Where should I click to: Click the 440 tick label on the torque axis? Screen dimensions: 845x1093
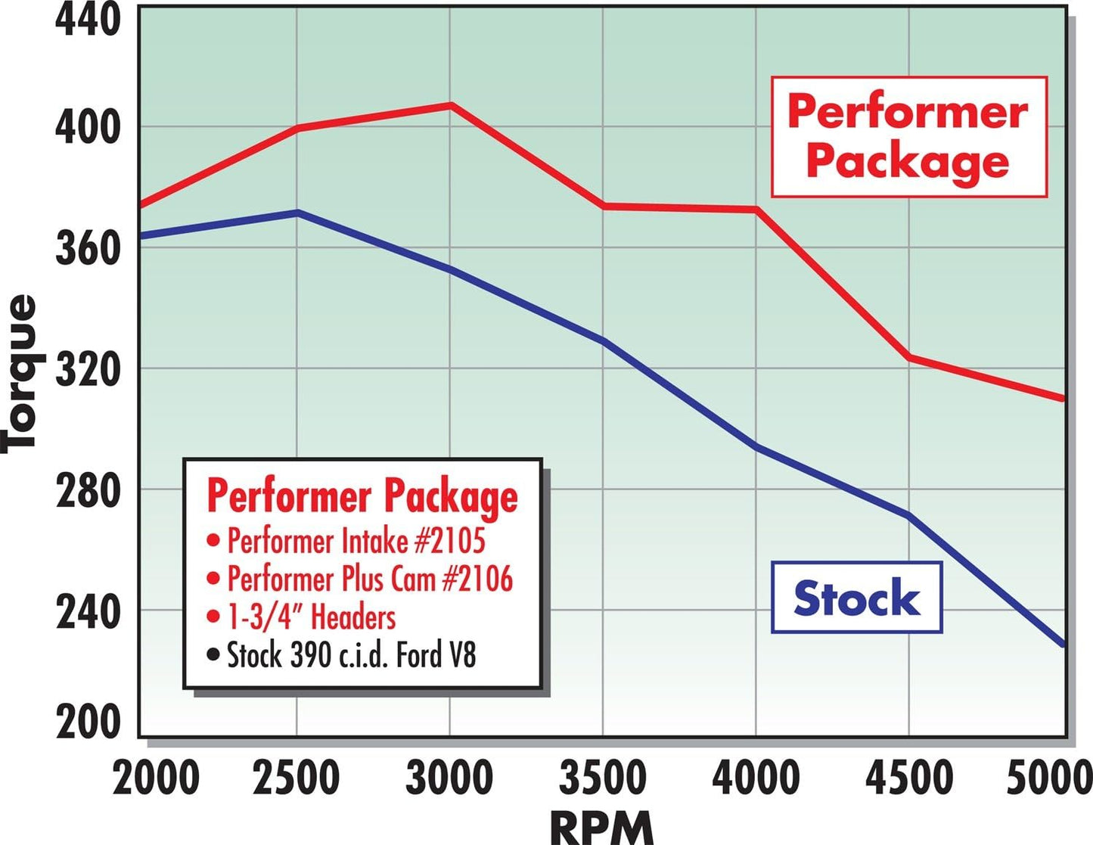click(88, 20)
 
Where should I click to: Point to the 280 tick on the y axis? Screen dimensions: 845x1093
click(88, 491)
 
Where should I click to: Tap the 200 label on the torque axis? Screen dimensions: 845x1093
click(88, 722)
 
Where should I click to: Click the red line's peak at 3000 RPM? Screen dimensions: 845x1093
click(451, 105)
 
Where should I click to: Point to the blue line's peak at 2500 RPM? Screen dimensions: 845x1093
click(297, 213)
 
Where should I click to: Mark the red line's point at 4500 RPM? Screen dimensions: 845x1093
click(908, 357)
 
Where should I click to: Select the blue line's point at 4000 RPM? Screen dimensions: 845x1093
click(756, 447)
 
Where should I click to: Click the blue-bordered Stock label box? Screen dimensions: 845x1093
click(856, 598)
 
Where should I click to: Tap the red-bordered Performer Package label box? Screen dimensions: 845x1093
click(908, 137)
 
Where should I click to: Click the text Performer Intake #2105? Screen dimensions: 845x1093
click(356, 542)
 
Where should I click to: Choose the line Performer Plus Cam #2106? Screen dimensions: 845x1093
click(369, 579)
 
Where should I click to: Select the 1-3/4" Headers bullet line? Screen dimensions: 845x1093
click(311, 617)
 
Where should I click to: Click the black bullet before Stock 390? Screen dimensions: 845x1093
click(213, 654)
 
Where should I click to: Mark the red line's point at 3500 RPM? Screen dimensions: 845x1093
click(604, 206)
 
